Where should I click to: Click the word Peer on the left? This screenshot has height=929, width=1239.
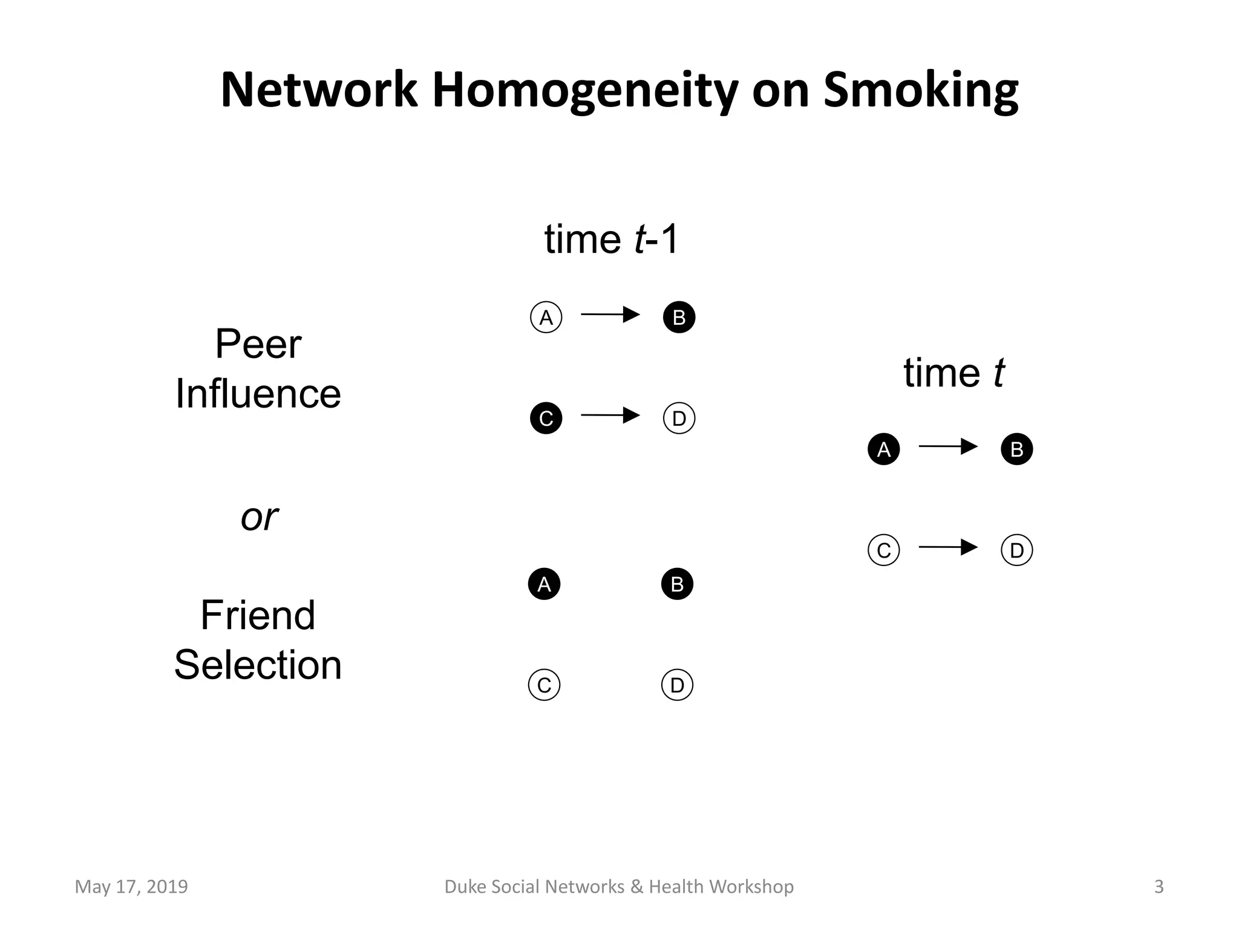point(258,344)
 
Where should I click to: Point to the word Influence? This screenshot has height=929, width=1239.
point(258,394)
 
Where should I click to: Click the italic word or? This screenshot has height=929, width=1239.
point(259,517)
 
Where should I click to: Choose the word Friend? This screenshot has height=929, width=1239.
point(258,615)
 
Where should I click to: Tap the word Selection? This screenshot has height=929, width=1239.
point(258,665)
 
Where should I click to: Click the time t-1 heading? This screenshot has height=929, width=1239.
point(612,239)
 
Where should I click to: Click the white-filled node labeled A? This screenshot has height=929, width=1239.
point(546,318)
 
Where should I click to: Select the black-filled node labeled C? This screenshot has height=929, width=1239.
point(546,419)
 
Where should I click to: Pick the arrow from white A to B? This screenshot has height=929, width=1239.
point(610,315)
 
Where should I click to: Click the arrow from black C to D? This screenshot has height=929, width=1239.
point(610,416)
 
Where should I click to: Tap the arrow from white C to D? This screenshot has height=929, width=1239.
point(948,547)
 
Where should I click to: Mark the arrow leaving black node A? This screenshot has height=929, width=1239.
point(948,447)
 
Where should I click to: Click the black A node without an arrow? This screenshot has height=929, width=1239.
point(544,584)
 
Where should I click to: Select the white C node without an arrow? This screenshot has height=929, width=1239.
point(544,685)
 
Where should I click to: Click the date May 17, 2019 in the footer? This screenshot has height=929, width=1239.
point(131,887)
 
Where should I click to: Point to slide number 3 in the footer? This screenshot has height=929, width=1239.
point(1159,887)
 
